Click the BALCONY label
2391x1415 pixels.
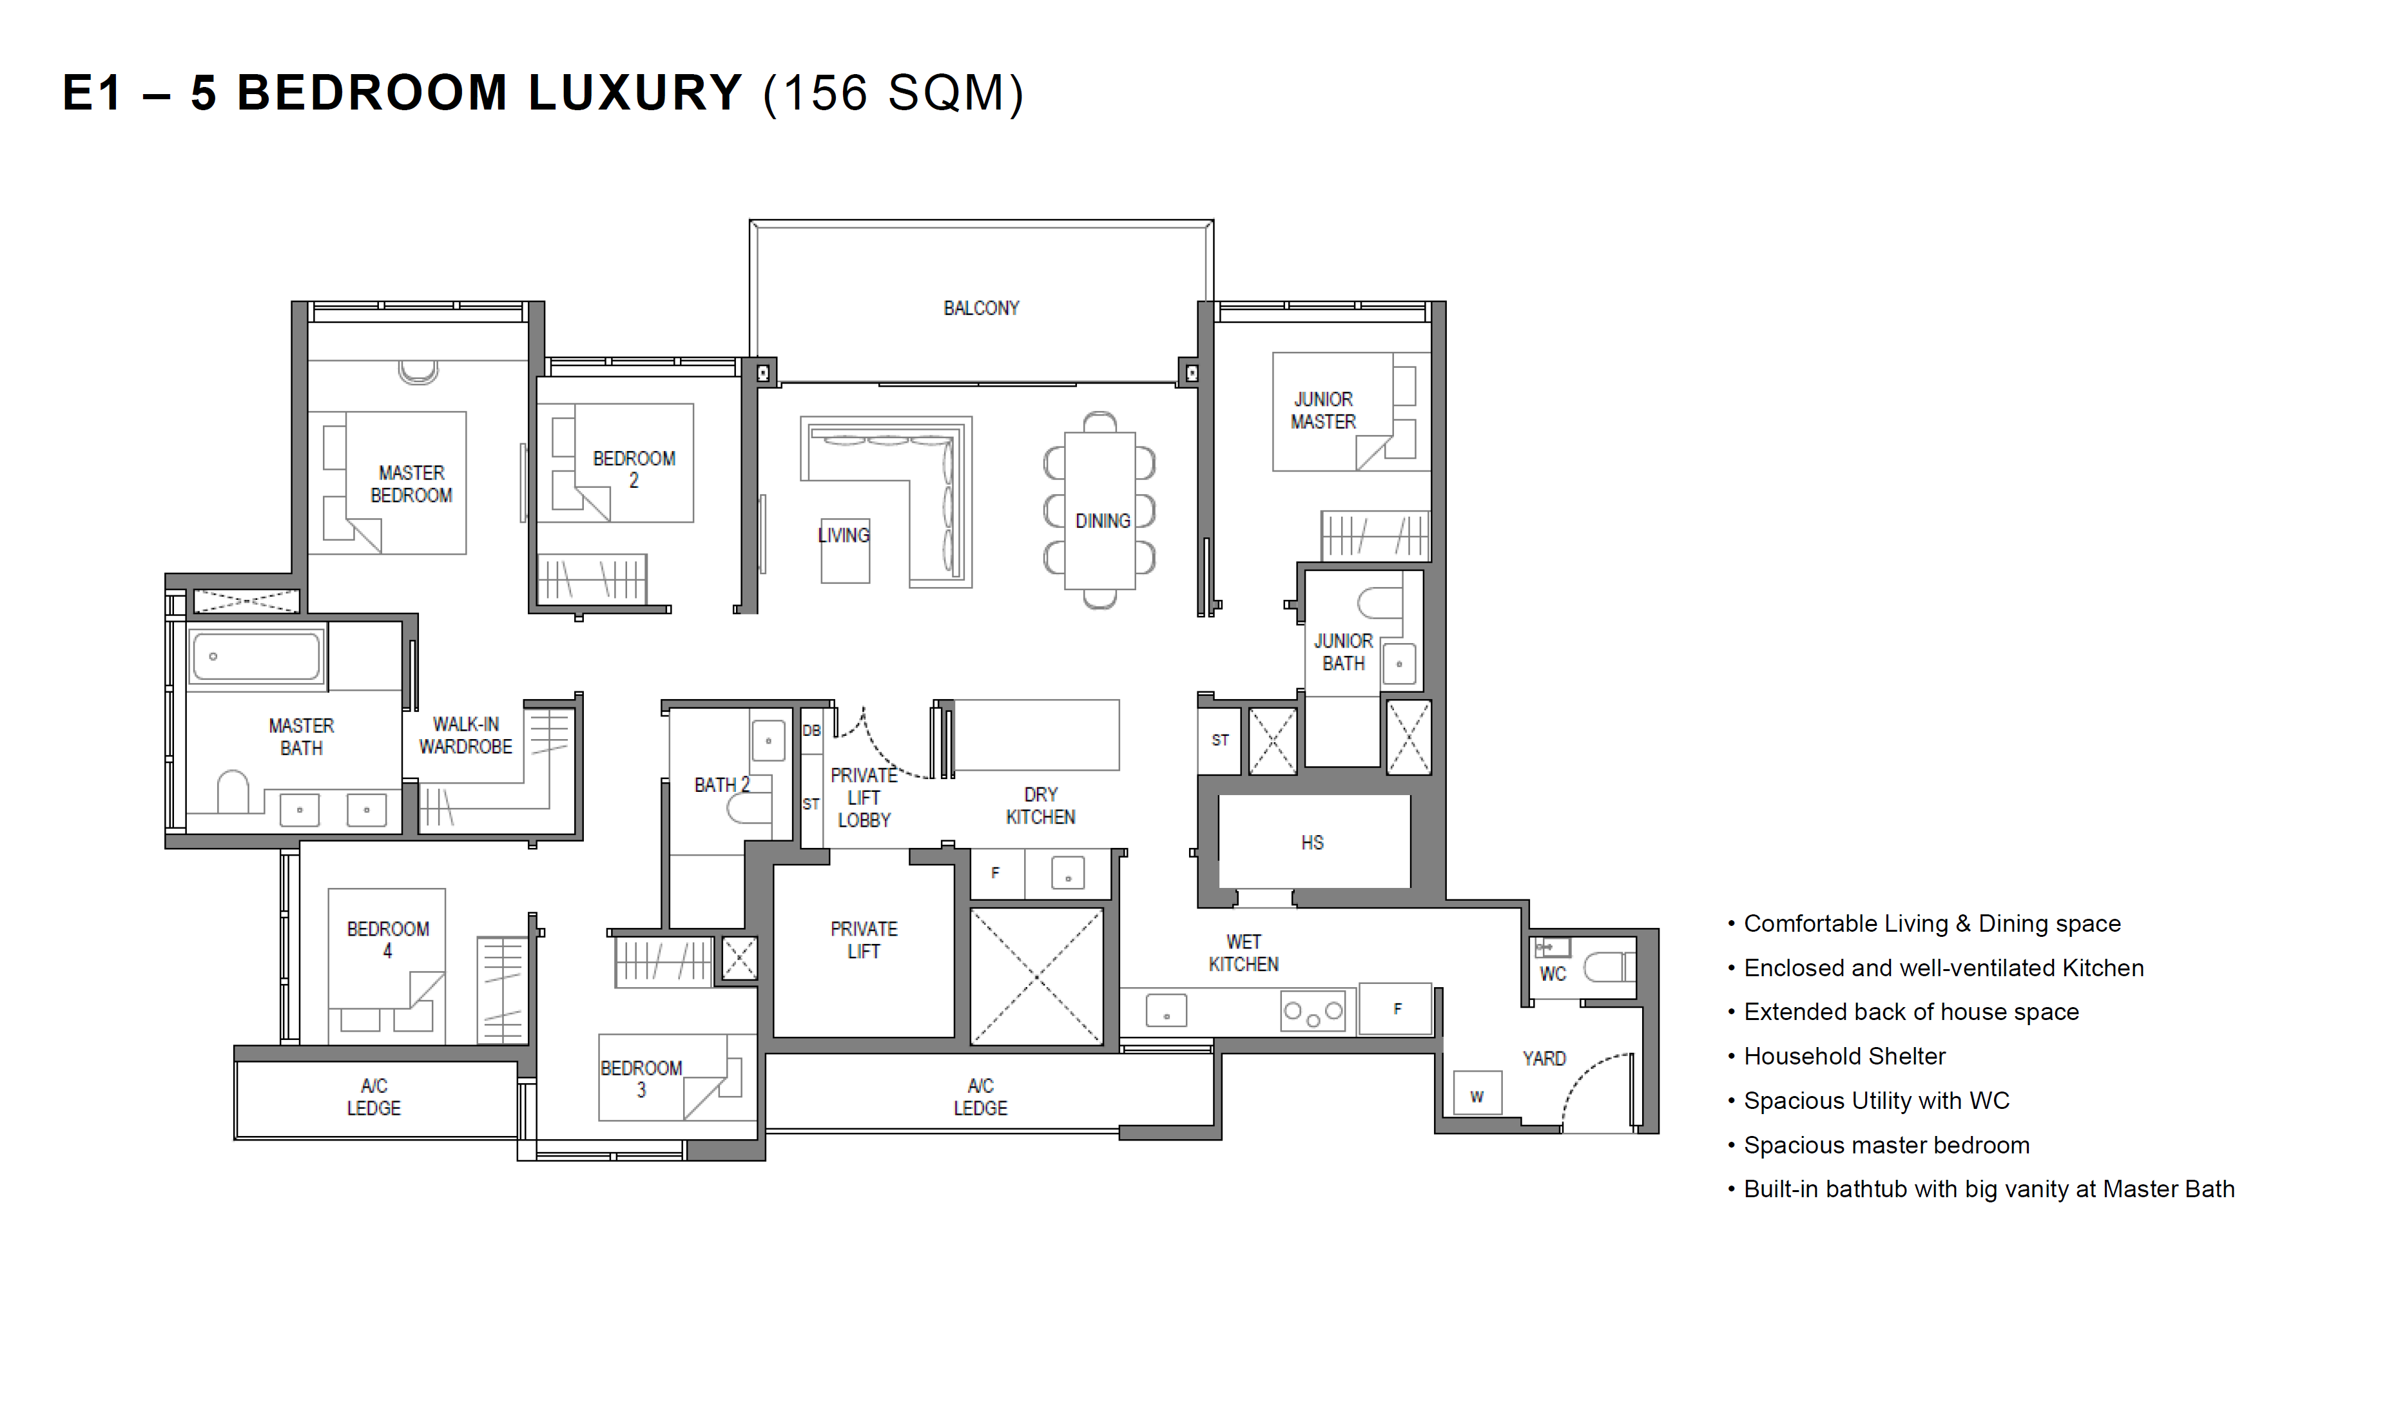coord(980,308)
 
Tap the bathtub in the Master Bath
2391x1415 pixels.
coord(257,656)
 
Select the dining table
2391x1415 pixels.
coord(1099,511)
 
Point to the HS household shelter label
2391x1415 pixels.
coord(1312,843)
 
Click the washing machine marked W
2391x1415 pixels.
coord(1476,1093)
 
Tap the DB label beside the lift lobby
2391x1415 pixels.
coord(811,731)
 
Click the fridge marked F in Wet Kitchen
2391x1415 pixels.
coord(1395,1008)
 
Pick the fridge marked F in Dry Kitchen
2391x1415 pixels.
coord(996,872)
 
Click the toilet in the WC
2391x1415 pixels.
coord(1609,968)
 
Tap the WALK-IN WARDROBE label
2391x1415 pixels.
coord(465,735)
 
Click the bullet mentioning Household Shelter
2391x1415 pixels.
coord(1836,1057)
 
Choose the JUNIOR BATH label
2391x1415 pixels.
coord(1343,652)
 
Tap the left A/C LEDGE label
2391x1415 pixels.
coord(374,1097)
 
